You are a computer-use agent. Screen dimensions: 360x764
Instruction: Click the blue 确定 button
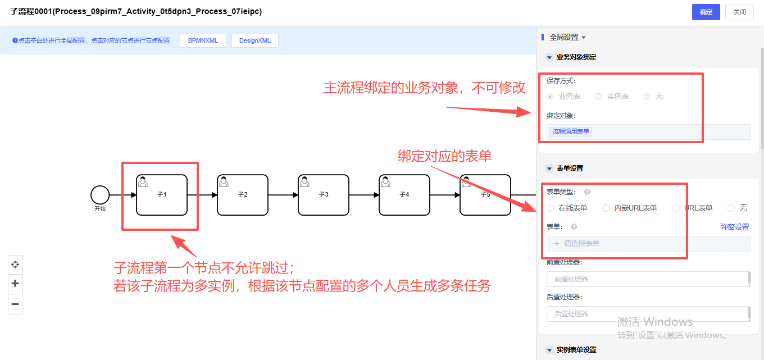click(706, 12)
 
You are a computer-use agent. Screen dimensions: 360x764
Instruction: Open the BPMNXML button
click(203, 40)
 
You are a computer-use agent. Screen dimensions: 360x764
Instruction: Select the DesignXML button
click(254, 40)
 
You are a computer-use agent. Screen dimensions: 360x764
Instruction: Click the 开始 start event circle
click(100, 195)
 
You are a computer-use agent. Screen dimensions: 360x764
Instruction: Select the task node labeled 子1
click(162, 195)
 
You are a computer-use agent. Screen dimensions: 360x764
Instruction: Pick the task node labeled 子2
click(243, 195)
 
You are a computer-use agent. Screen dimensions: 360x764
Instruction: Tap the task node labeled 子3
click(324, 195)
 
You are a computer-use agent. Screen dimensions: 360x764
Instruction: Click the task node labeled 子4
click(404, 195)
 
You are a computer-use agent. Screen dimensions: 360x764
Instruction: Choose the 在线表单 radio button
click(551, 208)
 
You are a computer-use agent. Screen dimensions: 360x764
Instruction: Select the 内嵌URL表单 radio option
click(606, 208)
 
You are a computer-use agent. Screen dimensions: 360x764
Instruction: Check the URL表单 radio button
click(676, 208)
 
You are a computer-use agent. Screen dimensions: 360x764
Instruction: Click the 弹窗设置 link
click(734, 227)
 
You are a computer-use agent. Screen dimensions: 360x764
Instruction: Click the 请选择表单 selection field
click(648, 244)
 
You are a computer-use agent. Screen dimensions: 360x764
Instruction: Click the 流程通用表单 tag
click(571, 131)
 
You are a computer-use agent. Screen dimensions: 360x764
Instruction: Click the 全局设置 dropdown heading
click(567, 37)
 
